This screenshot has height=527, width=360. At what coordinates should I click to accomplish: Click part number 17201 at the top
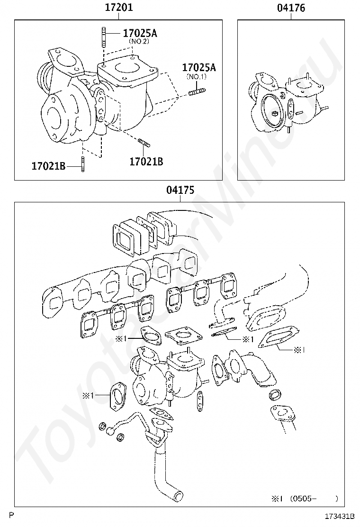click(119, 8)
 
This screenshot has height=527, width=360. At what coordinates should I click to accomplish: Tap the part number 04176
click(291, 8)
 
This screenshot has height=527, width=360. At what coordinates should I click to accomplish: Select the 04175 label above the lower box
click(180, 190)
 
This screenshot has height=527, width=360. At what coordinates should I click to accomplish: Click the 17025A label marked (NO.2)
click(140, 33)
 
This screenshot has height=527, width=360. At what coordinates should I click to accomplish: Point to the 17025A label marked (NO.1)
click(199, 68)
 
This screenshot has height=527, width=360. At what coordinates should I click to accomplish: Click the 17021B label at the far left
click(48, 166)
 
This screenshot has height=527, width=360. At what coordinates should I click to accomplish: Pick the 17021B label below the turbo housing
click(146, 162)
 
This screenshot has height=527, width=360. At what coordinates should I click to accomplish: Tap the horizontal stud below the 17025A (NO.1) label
click(197, 91)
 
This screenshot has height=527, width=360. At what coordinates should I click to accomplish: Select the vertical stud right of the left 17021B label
click(83, 164)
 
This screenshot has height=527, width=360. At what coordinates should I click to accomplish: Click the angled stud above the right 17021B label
click(144, 143)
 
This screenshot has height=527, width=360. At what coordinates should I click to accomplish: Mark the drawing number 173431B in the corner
click(340, 516)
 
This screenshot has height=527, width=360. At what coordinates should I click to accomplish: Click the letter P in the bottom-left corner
click(11, 515)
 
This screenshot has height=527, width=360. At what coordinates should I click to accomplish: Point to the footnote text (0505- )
click(314, 499)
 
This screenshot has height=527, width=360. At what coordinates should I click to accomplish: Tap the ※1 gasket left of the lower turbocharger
click(117, 396)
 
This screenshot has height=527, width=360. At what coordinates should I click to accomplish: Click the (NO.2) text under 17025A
click(139, 41)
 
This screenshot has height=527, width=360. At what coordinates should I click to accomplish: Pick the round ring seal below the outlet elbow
click(275, 395)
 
